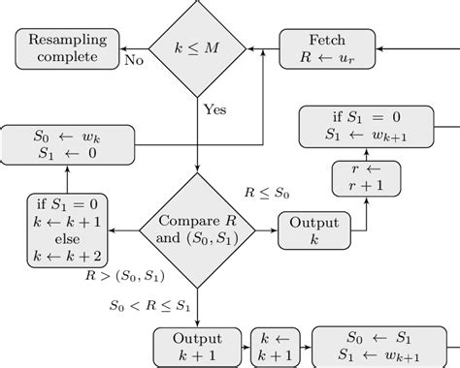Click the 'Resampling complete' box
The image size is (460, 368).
tap(67, 48)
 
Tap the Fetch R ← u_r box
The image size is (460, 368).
tap(327, 48)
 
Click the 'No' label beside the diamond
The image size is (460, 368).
tap(135, 61)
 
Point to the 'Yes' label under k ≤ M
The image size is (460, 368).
tap(214, 108)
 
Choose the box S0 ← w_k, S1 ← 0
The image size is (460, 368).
tap(68, 144)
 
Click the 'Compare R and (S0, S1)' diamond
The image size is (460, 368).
tap(197, 230)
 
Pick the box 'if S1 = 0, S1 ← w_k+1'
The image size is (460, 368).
tap(366, 127)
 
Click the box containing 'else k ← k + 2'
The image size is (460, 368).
tap(67, 230)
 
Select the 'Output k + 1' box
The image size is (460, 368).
tap(197, 348)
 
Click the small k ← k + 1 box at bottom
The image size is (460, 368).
tap(274, 348)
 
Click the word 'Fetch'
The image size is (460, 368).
tap(327, 41)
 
